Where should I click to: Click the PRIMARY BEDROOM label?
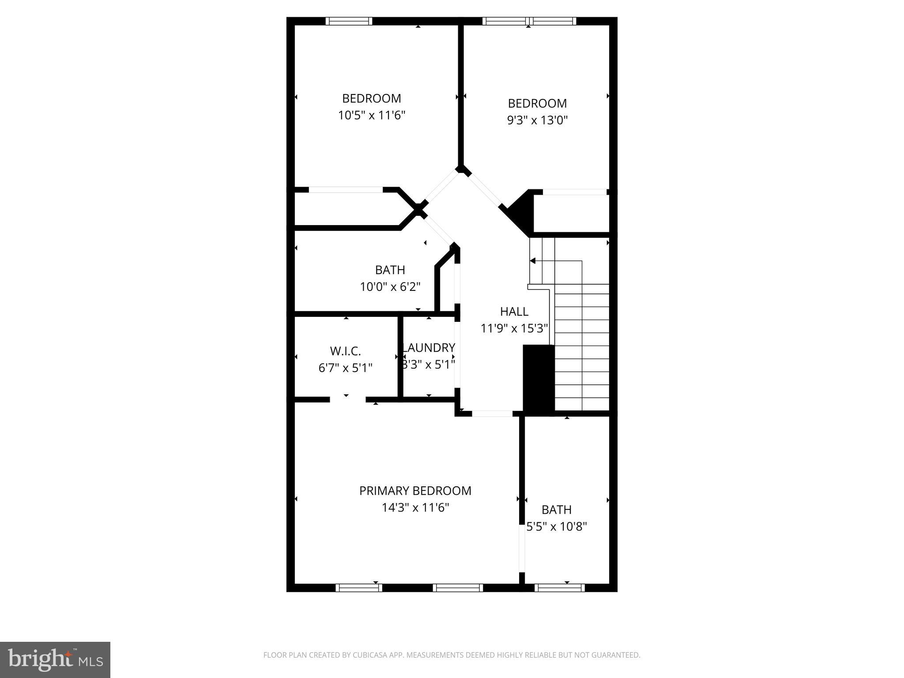pos(415,490)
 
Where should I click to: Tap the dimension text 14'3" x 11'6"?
pos(415,508)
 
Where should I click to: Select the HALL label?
pos(514,312)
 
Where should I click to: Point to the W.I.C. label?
pos(345,351)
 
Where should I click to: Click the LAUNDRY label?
pos(429,348)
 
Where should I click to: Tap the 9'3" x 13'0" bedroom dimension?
pos(537,120)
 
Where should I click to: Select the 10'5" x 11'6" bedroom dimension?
pos(371,115)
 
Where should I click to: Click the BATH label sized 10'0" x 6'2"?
pos(390,270)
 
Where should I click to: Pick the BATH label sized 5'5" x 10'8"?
pos(556,510)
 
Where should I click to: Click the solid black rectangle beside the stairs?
pos(538,380)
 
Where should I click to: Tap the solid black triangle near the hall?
pos(521,212)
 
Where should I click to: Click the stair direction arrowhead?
pos(533,261)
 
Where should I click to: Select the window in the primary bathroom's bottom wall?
pos(559,588)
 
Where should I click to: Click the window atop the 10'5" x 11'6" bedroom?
pos(349,21)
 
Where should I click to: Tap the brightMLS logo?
pos(55,659)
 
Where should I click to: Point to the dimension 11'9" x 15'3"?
pos(514,328)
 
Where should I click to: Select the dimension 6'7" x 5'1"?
pos(345,368)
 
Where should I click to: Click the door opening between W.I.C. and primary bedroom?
pos(347,399)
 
